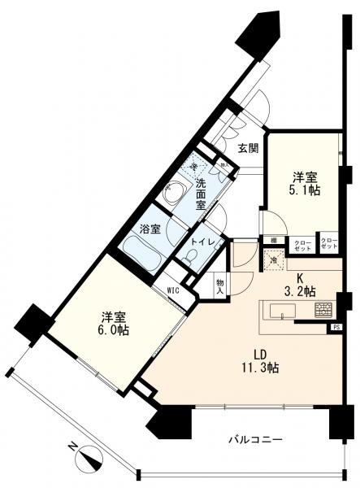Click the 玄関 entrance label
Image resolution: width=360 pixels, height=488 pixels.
(249, 149)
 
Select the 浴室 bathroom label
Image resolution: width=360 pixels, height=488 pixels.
(149, 229)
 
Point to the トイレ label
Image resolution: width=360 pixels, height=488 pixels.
(202, 242)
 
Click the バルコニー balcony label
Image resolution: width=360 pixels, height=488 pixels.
(255, 439)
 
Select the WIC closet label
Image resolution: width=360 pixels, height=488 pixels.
(172, 288)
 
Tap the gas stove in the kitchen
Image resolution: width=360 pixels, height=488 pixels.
(323, 310)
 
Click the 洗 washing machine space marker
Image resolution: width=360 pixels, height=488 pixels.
(194, 168)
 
